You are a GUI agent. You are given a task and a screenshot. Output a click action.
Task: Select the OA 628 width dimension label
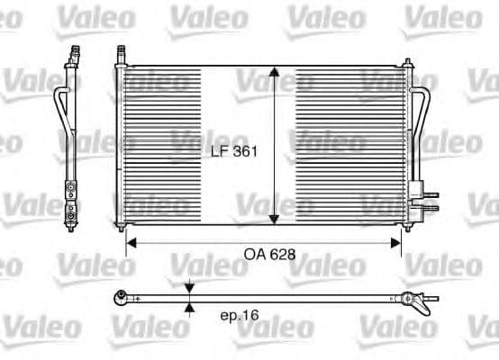coord(269,256)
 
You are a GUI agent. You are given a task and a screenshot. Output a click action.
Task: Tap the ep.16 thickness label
coord(239,316)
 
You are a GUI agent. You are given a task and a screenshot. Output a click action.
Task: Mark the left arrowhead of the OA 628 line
coord(130,241)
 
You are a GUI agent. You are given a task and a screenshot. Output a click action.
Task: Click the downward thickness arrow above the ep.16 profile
coord(189,288)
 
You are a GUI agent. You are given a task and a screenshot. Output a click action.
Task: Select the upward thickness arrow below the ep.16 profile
coord(189,306)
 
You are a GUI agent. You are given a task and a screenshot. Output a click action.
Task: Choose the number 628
coord(282,256)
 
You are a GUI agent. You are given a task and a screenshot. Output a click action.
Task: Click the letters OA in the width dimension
coord(254,256)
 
